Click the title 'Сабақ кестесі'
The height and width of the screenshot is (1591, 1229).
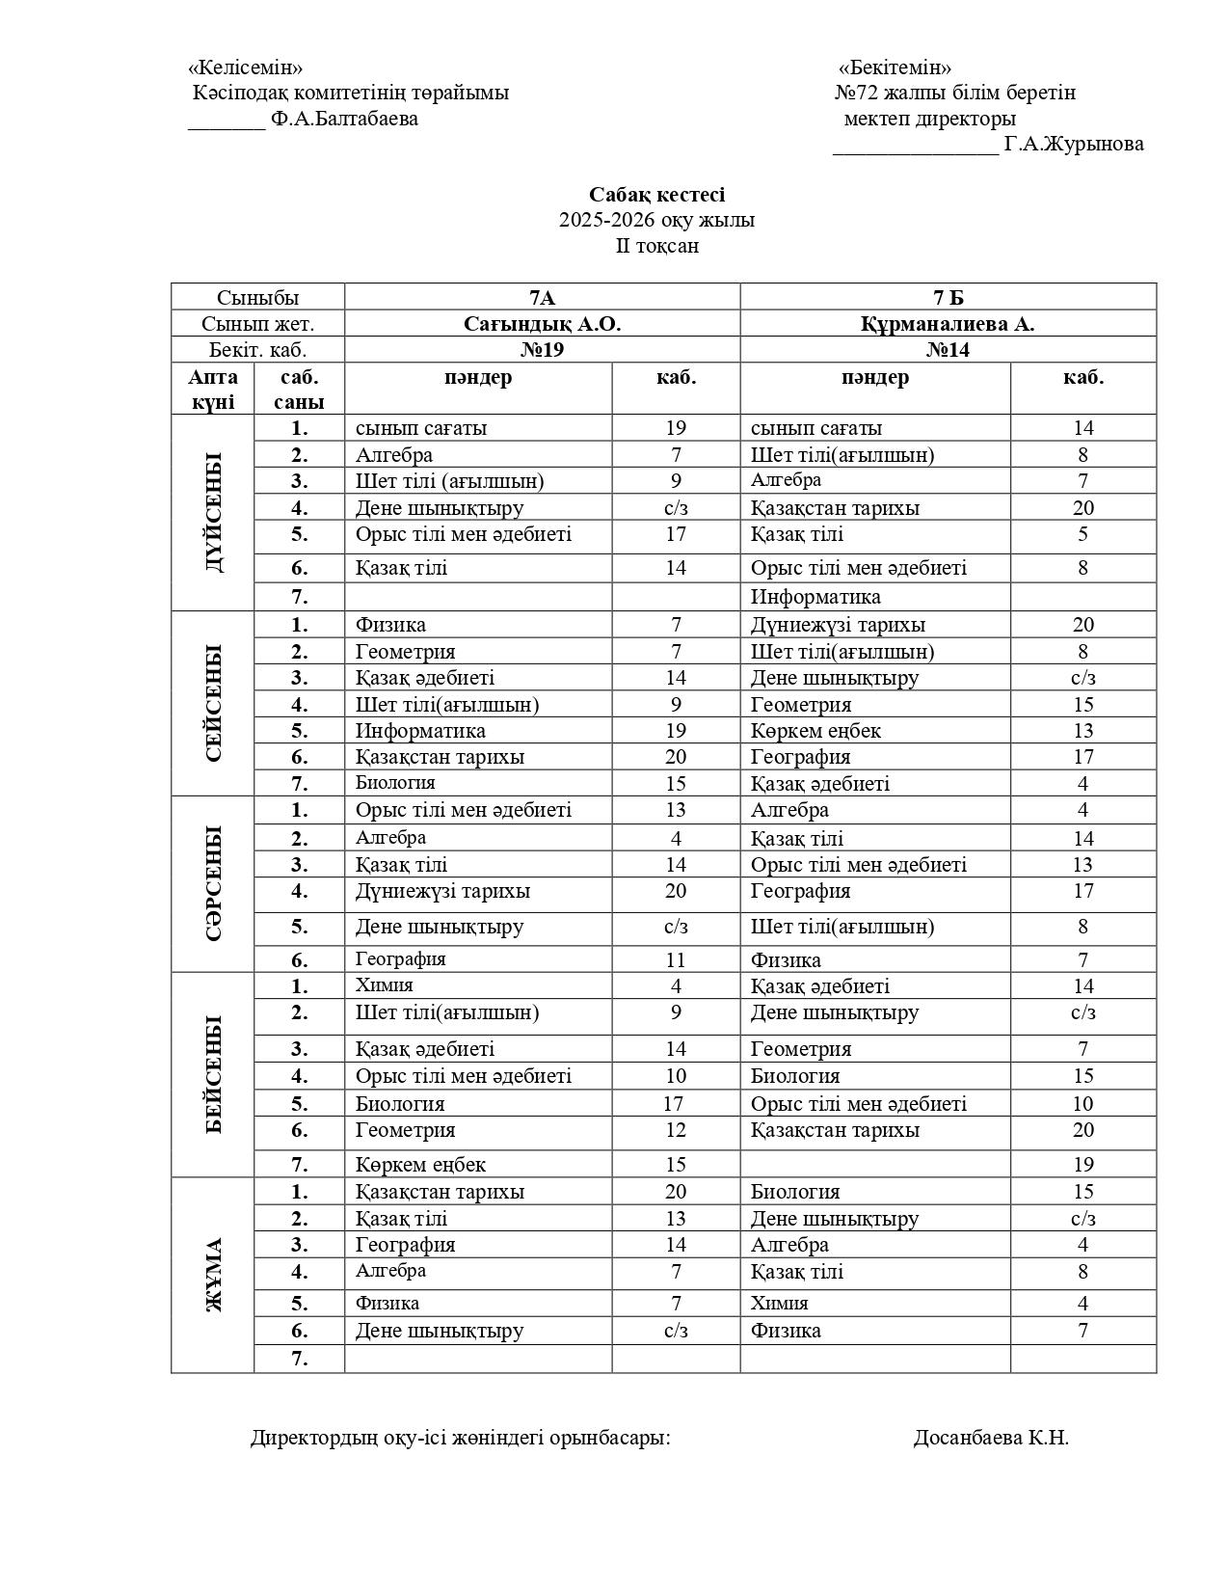click(657, 195)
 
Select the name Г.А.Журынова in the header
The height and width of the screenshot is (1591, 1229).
click(1074, 145)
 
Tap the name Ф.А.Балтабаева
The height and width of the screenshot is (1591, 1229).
click(344, 119)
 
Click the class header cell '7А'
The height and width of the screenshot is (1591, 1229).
click(542, 297)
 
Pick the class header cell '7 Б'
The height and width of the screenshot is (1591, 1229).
click(948, 297)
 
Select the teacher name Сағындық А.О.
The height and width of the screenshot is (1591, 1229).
click(542, 324)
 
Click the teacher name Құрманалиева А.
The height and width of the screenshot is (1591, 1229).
click(948, 324)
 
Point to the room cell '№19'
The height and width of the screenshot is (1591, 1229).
click(542, 350)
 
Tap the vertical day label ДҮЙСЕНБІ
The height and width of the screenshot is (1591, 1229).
click(213, 512)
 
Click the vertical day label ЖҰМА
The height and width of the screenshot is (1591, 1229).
click(213, 1275)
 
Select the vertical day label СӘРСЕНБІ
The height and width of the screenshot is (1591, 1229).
click(213, 883)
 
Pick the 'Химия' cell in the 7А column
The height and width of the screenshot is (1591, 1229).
click(385, 985)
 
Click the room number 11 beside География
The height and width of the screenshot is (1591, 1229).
click(676, 959)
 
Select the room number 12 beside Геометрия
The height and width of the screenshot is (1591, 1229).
click(676, 1130)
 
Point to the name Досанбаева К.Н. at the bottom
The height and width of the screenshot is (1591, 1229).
click(991, 1438)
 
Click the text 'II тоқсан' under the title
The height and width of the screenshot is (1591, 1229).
click(657, 246)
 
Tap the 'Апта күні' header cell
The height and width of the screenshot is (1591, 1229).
click(213, 389)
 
